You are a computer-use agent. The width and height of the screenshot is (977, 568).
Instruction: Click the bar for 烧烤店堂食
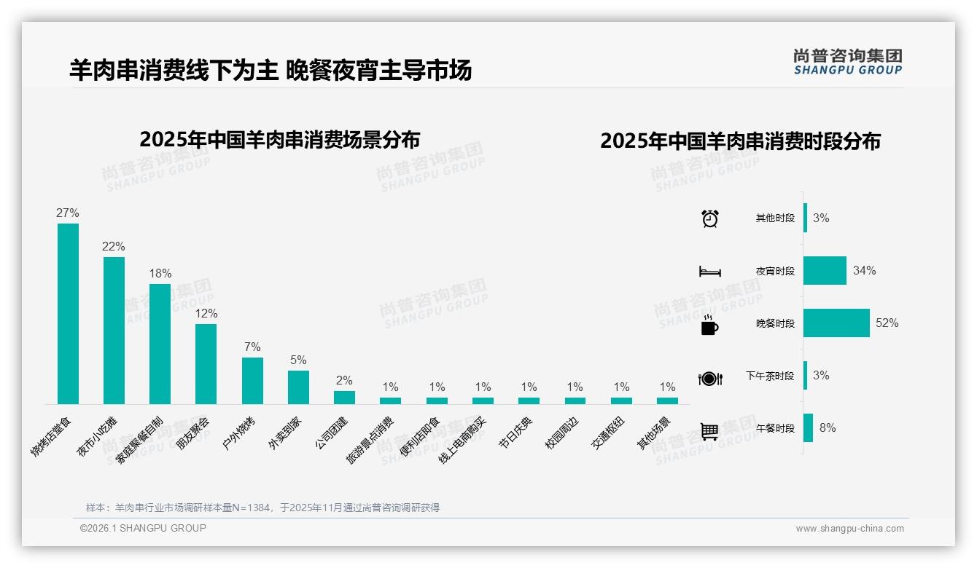[x=68, y=313]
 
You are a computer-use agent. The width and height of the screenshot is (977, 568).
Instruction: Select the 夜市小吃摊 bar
[x=114, y=330]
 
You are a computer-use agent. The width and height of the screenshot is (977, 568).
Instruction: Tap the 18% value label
[x=160, y=274]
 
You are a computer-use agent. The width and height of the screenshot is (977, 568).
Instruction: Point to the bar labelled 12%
[x=206, y=363]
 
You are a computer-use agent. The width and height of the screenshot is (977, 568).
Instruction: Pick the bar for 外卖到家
[x=298, y=387]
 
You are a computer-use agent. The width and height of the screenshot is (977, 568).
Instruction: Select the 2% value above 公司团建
[x=344, y=380]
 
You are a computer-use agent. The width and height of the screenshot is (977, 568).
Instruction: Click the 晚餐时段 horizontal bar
[x=836, y=323]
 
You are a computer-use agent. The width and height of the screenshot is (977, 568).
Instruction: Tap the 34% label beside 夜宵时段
[x=864, y=270]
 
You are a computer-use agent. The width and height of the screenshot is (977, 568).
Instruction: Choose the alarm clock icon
[x=709, y=218]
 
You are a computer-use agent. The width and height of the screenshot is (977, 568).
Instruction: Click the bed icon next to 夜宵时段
[x=709, y=272]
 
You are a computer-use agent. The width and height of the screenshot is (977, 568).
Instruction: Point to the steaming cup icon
[x=709, y=326]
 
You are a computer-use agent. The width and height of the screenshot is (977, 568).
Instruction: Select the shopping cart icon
[x=709, y=431]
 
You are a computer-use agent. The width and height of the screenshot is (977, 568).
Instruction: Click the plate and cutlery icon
[x=709, y=378]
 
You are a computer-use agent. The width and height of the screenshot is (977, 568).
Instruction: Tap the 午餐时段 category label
[x=775, y=428]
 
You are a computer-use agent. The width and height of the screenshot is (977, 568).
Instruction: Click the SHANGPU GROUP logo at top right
[x=847, y=61]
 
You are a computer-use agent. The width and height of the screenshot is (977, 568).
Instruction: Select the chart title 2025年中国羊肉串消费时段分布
[x=740, y=141]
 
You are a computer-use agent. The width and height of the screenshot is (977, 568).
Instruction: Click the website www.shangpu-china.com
[x=849, y=529]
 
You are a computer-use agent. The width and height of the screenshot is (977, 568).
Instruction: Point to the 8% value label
[x=828, y=427]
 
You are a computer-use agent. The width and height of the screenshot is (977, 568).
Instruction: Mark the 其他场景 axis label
[x=654, y=433]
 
